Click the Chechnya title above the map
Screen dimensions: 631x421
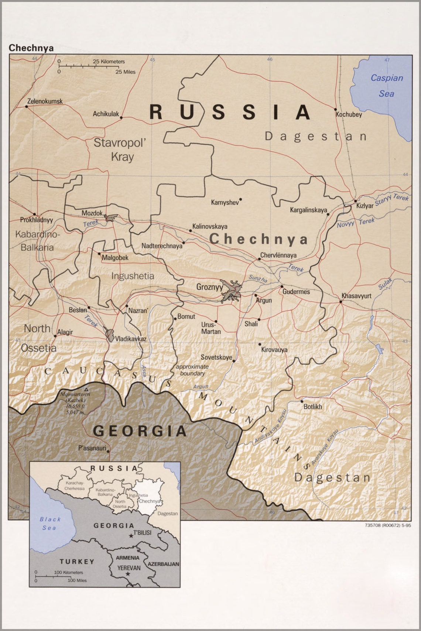pos(31,48)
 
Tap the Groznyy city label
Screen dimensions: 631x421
pos(209,287)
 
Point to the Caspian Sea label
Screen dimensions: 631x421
pos(386,86)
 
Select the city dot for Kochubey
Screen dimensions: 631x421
pos(335,109)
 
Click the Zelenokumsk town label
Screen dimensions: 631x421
pos(45,101)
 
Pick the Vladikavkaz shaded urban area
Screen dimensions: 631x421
pos(110,335)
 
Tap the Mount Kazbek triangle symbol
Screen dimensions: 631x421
pos(86,390)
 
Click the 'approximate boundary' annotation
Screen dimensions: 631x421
pos(192,370)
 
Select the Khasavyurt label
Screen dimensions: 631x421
pos(356,296)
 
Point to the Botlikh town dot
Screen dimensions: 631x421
pos(302,401)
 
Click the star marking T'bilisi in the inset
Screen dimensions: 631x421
pos(131,536)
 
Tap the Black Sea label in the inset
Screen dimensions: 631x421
pos(50,524)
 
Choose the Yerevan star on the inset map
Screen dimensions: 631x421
pos(128,574)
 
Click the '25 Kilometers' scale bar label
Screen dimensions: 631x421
pos(109,62)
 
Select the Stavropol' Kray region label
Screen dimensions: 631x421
pos(120,150)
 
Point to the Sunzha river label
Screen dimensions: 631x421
pos(257,279)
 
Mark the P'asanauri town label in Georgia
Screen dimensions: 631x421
pos(92,448)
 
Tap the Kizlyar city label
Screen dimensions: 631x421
pos(364,206)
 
